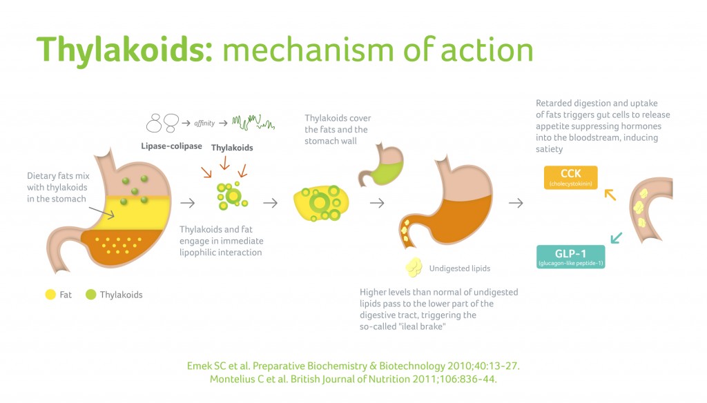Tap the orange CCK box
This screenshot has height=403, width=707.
tap(570, 177)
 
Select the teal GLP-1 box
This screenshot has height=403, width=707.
tap(570, 257)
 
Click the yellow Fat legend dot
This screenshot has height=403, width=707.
tap(50, 295)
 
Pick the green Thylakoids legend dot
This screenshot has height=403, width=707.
tap(90, 295)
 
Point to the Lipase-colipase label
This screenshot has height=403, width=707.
tap(171, 146)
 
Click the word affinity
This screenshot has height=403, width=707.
tap(204, 123)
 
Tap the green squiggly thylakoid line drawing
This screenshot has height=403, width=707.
tap(253, 122)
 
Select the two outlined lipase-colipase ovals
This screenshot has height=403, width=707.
tap(162, 123)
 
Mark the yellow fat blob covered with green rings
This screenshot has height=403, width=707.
tap(321, 204)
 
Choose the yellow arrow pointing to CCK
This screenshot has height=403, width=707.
tap(610, 195)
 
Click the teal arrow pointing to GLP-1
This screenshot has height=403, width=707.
tap(616, 237)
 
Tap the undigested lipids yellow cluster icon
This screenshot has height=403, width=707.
tap(414, 267)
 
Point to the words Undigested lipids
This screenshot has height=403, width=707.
tap(459, 268)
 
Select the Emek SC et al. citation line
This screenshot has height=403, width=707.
tap(353, 366)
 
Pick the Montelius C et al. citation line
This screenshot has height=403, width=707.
tap(353, 379)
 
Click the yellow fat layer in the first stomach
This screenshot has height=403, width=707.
tap(135, 213)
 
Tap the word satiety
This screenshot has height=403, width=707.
tap(549, 149)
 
